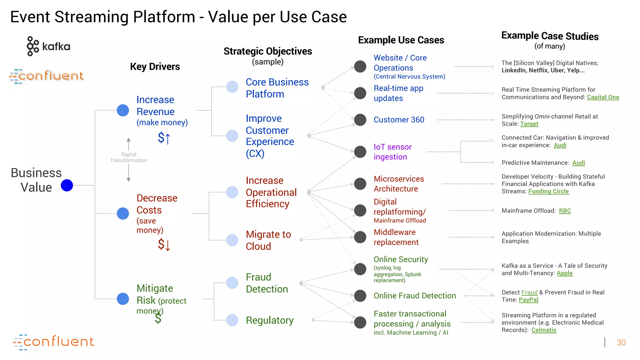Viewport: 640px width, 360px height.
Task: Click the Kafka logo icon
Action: point(32,46)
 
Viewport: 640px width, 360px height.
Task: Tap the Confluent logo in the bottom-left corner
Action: point(53,342)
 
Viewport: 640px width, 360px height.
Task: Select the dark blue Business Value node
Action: point(67,185)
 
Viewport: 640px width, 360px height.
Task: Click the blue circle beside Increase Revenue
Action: point(123,110)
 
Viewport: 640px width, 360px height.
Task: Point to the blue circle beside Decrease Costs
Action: point(123,213)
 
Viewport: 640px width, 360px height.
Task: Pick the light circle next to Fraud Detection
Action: point(232,283)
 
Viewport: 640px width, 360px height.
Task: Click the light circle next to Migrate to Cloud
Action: point(232,240)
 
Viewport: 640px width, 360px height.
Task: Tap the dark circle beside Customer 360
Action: point(360,120)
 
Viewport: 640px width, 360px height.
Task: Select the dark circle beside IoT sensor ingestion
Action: point(360,152)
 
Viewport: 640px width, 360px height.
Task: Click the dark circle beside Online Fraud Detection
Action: point(360,296)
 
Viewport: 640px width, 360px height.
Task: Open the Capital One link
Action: point(603,97)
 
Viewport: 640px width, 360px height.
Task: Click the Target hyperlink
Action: point(529,124)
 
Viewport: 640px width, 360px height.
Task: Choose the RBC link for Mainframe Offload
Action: point(565,211)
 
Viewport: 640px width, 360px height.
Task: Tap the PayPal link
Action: point(528,300)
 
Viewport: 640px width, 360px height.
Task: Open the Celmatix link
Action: point(544,330)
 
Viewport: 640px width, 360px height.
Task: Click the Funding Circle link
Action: point(548,191)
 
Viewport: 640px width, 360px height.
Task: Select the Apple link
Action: point(564,273)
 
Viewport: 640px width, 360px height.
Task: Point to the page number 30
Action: point(621,342)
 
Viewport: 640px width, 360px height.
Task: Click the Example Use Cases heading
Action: point(401,40)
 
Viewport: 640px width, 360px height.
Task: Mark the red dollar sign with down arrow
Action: point(164,244)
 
